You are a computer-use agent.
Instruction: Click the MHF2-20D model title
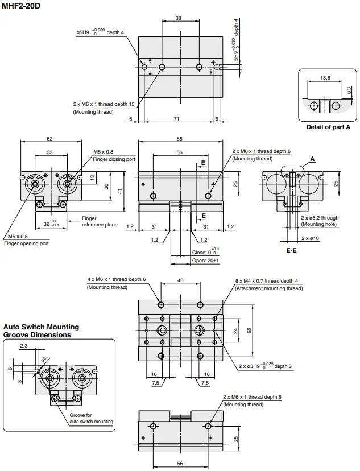(x=20, y=6)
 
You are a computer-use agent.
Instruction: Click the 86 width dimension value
(x=179, y=139)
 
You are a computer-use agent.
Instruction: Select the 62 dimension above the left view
(x=49, y=138)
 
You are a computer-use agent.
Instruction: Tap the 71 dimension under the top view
(x=176, y=119)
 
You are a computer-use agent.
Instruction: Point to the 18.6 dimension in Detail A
(x=325, y=78)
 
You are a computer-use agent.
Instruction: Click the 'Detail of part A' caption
(x=328, y=127)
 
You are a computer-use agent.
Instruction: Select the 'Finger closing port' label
(x=114, y=159)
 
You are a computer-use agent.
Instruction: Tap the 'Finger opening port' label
(x=26, y=243)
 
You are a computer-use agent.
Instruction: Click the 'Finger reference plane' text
(x=100, y=222)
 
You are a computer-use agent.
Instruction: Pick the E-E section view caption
(x=291, y=250)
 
